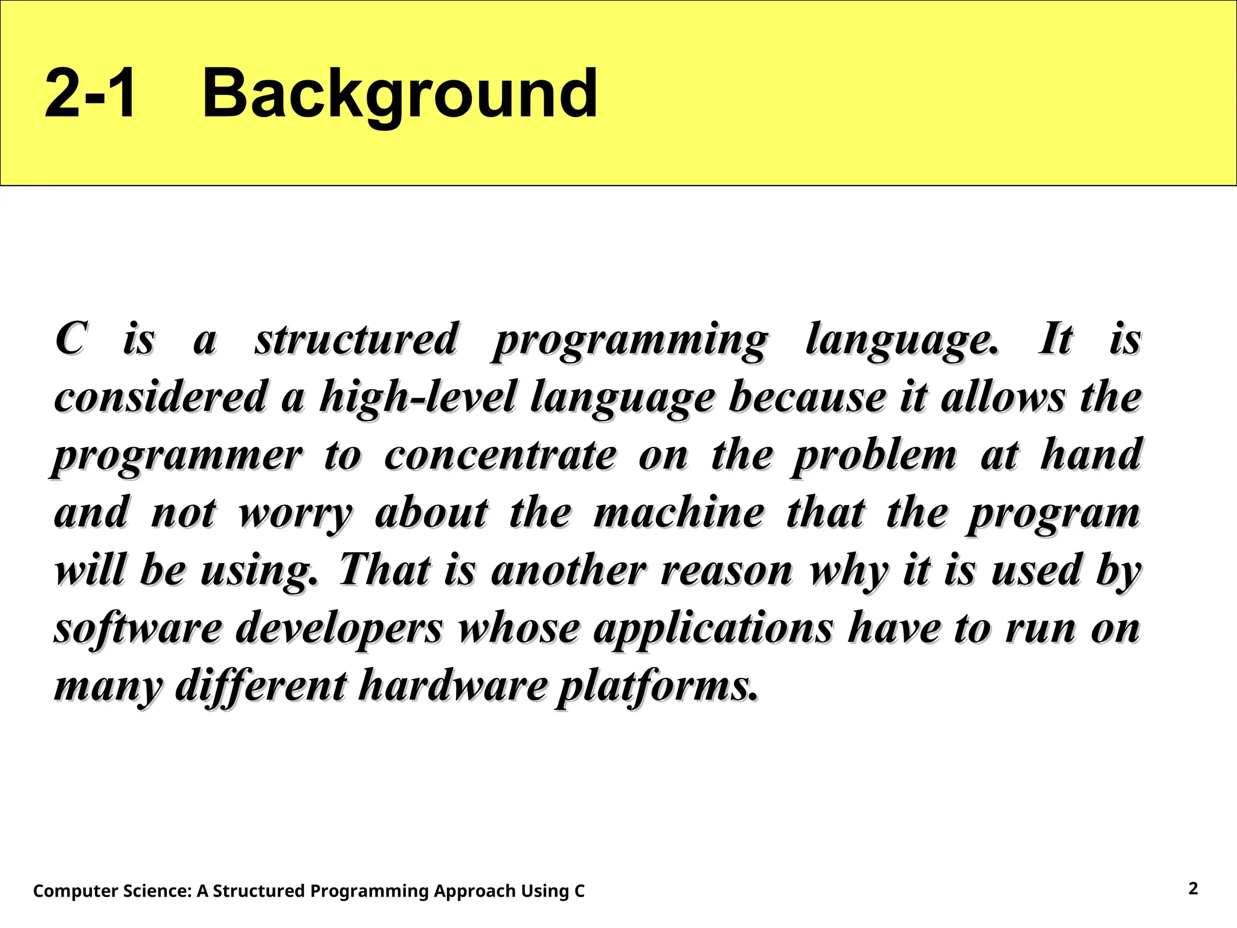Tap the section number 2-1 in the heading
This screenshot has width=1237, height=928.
pyautogui.click(x=91, y=94)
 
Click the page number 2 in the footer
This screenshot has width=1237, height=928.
pyautogui.click(x=1193, y=888)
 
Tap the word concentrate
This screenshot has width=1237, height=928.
pyautogui.click(x=501, y=456)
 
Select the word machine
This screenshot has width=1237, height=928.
pyautogui.click(x=679, y=513)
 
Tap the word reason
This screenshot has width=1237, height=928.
pyautogui.click(x=727, y=572)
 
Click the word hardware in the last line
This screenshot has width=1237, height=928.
pyautogui.click(x=452, y=686)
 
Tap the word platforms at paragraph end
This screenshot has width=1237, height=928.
pyautogui.click(x=656, y=688)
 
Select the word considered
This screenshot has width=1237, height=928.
pyautogui.click(x=161, y=398)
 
